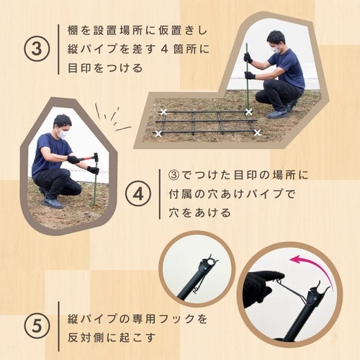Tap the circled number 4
[138, 194]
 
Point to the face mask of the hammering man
[63, 134]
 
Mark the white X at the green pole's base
[248, 112]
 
